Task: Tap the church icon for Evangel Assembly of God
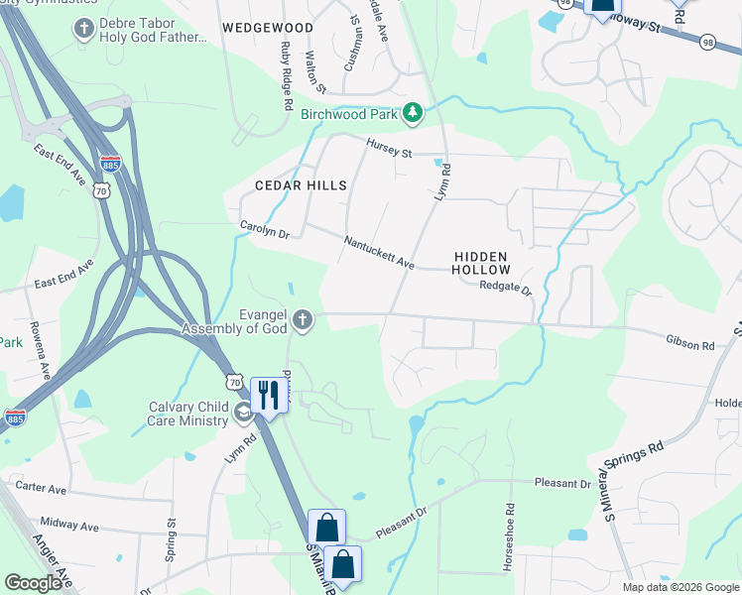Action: tap(303, 320)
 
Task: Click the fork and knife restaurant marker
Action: tap(266, 395)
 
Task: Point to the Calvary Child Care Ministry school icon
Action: tap(243, 413)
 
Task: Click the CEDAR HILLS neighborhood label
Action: tap(301, 185)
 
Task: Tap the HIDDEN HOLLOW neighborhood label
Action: tap(482, 263)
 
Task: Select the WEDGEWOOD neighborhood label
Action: tap(268, 28)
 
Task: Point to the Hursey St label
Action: tap(388, 149)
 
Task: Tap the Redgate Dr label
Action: tap(507, 287)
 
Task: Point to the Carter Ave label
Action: tap(40, 489)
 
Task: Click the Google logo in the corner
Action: tap(34, 582)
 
